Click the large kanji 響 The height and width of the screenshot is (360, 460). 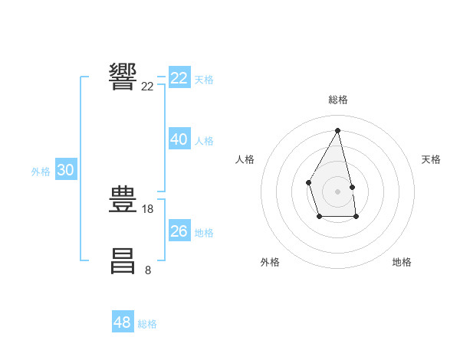click(x=123, y=77)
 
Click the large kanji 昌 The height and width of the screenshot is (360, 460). click(x=123, y=260)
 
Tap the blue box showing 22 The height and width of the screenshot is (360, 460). click(x=179, y=78)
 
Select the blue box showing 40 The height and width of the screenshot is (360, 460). click(x=179, y=139)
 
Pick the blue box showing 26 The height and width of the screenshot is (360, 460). click(x=179, y=231)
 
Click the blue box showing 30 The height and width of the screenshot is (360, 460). click(x=65, y=171)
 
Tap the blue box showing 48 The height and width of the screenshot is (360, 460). click(x=122, y=322)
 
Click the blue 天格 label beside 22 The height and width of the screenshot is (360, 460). click(x=204, y=80)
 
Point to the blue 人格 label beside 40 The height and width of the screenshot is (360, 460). click(x=204, y=141)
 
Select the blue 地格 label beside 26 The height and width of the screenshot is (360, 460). click(x=204, y=233)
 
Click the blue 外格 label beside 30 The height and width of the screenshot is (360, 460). click(x=41, y=172)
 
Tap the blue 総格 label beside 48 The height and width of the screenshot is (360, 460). click(x=147, y=324)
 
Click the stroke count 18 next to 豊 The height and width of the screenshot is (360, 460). click(x=148, y=208)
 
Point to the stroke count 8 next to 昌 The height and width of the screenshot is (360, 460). click(x=148, y=270)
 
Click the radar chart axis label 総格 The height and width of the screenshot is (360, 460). click(x=337, y=100)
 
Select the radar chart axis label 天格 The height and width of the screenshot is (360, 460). click(x=431, y=159)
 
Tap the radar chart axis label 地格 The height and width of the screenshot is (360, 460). click(x=402, y=262)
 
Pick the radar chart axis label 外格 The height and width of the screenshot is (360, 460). click(x=270, y=262)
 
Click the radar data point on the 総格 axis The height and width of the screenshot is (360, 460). click(x=337, y=129)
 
